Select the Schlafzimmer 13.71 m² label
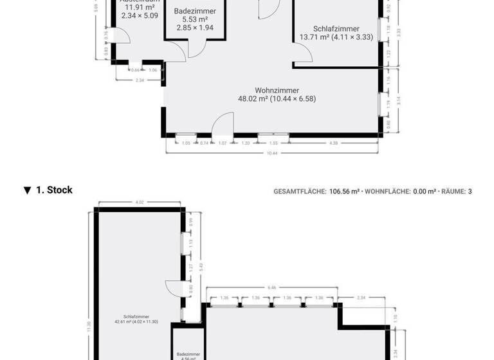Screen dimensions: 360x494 click(x=336, y=33)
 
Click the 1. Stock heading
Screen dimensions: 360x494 click(x=54, y=190)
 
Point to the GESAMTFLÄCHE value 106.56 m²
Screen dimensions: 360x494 click(x=344, y=191)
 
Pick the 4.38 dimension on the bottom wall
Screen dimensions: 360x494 click(x=333, y=143)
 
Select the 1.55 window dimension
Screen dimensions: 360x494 click(x=273, y=143)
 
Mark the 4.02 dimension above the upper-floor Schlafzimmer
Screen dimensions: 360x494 click(x=139, y=203)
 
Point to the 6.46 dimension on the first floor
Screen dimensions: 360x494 click(x=271, y=288)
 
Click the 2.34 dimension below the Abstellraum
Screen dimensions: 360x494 click(x=140, y=80)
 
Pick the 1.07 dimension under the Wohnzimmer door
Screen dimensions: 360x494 click(x=223, y=143)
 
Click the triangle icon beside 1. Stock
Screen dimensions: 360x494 click(x=27, y=190)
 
